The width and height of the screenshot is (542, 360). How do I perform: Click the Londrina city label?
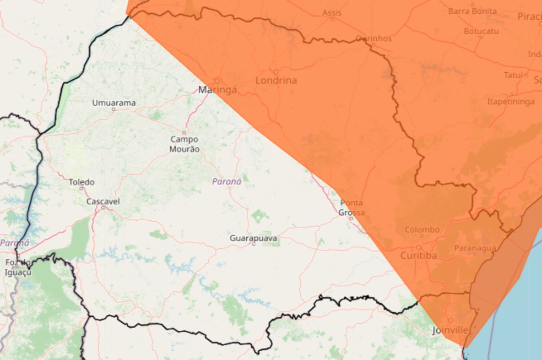pyautogui.click(x=276, y=80)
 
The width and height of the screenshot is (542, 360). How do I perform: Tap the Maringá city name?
pyautogui.click(x=218, y=90)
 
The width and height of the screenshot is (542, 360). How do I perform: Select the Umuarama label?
pyautogui.click(x=113, y=103)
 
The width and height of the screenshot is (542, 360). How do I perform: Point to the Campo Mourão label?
pyautogui.click(x=185, y=144)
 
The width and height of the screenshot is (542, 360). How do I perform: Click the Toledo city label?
pyautogui.click(x=82, y=182)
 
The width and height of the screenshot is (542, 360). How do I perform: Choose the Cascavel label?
pyautogui.click(x=103, y=201)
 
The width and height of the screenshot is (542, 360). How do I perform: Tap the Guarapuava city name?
pyautogui.click(x=253, y=238)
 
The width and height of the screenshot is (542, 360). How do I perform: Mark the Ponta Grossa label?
pyautogui.click(x=351, y=208)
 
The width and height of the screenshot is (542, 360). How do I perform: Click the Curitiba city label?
pyautogui.click(x=418, y=256)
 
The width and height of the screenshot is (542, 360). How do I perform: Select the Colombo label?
pyautogui.click(x=422, y=230)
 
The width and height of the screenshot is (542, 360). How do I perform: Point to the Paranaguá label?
pyautogui.click(x=475, y=248)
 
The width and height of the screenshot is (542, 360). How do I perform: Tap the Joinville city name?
pyautogui.click(x=450, y=330)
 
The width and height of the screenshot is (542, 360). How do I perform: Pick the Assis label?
pyautogui.click(x=332, y=13)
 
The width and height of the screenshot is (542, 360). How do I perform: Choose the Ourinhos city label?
pyautogui.click(x=373, y=39)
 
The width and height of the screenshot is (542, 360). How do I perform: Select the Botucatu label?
pyautogui.click(x=480, y=31)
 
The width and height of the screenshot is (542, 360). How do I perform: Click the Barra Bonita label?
pyautogui.click(x=472, y=11)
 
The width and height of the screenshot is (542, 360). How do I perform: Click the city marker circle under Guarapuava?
pyautogui.click(x=253, y=244)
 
